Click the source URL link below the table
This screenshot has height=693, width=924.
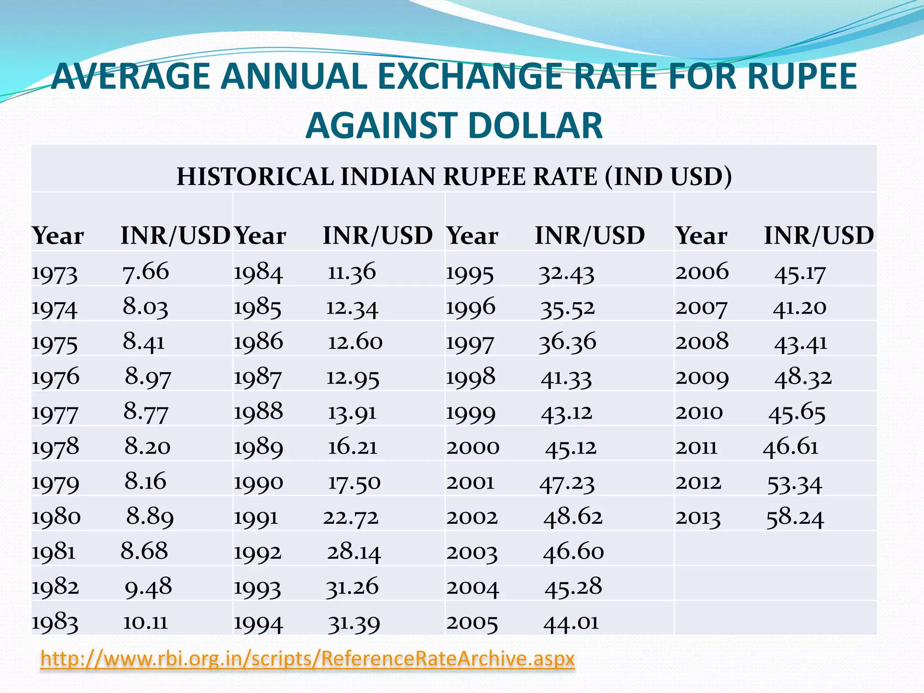[307, 659]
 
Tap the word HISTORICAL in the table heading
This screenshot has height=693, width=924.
[254, 176]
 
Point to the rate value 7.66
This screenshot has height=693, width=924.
[146, 272]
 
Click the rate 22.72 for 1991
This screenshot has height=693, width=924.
[351, 517]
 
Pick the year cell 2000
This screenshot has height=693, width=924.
[473, 448]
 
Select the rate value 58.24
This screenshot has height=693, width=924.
[795, 517]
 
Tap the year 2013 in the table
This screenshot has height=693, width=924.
[698, 517]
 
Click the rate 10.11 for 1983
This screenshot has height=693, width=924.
[145, 623]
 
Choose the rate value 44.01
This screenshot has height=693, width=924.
[571, 623]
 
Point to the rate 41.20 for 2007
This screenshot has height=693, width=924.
[799, 308]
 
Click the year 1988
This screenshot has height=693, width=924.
[258, 412]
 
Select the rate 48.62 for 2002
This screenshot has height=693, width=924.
[573, 517]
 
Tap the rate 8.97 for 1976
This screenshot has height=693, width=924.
[148, 377]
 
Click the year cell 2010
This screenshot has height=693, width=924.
[699, 412]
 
